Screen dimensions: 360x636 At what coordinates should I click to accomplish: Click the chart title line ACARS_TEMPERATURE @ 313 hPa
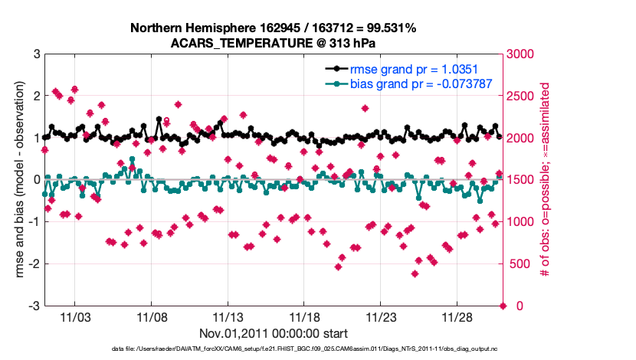point(273,43)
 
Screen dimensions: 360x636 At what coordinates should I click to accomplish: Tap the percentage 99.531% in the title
point(388,28)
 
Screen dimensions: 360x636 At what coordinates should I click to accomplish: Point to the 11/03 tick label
point(75,317)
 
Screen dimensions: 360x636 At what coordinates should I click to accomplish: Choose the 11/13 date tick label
point(228,317)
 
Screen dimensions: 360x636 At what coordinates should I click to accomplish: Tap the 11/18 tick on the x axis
point(304,317)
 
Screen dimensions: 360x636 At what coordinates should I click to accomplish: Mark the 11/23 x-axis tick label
point(381,317)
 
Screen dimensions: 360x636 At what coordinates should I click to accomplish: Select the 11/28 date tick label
point(457,317)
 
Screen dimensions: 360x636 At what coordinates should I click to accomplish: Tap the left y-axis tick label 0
point(36,180)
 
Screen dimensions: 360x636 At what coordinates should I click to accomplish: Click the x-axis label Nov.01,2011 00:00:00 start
point(274,333)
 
